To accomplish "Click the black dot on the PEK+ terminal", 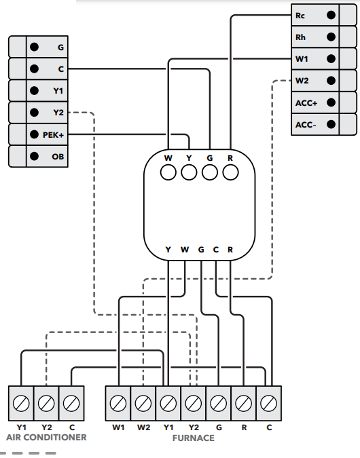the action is coord(34,134).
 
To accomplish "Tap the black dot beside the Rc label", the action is coord(331,15).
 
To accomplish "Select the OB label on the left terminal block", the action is coord(58,157).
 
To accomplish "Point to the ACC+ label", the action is coord(306,103).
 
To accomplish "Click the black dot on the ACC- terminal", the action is coord(331,124).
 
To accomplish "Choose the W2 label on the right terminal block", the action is coord(302,81).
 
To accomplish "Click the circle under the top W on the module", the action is coord(168,172).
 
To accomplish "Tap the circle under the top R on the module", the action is coord(230,172).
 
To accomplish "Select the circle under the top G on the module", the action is coord(210,172).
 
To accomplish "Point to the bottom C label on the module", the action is coord(216,250).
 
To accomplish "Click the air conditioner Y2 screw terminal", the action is coord(46,403).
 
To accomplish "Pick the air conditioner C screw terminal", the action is coord(71,403).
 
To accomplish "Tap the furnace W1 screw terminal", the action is coord(118,403).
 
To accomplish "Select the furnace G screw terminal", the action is coord(219,403).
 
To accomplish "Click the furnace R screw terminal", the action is coord(244,403).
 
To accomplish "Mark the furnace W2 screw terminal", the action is coord(143,403).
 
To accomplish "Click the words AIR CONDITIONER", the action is coord(46,437).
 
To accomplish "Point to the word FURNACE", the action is coord(194,438).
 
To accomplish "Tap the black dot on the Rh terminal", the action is coord(331,37).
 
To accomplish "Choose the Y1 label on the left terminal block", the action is coord(58,91).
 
